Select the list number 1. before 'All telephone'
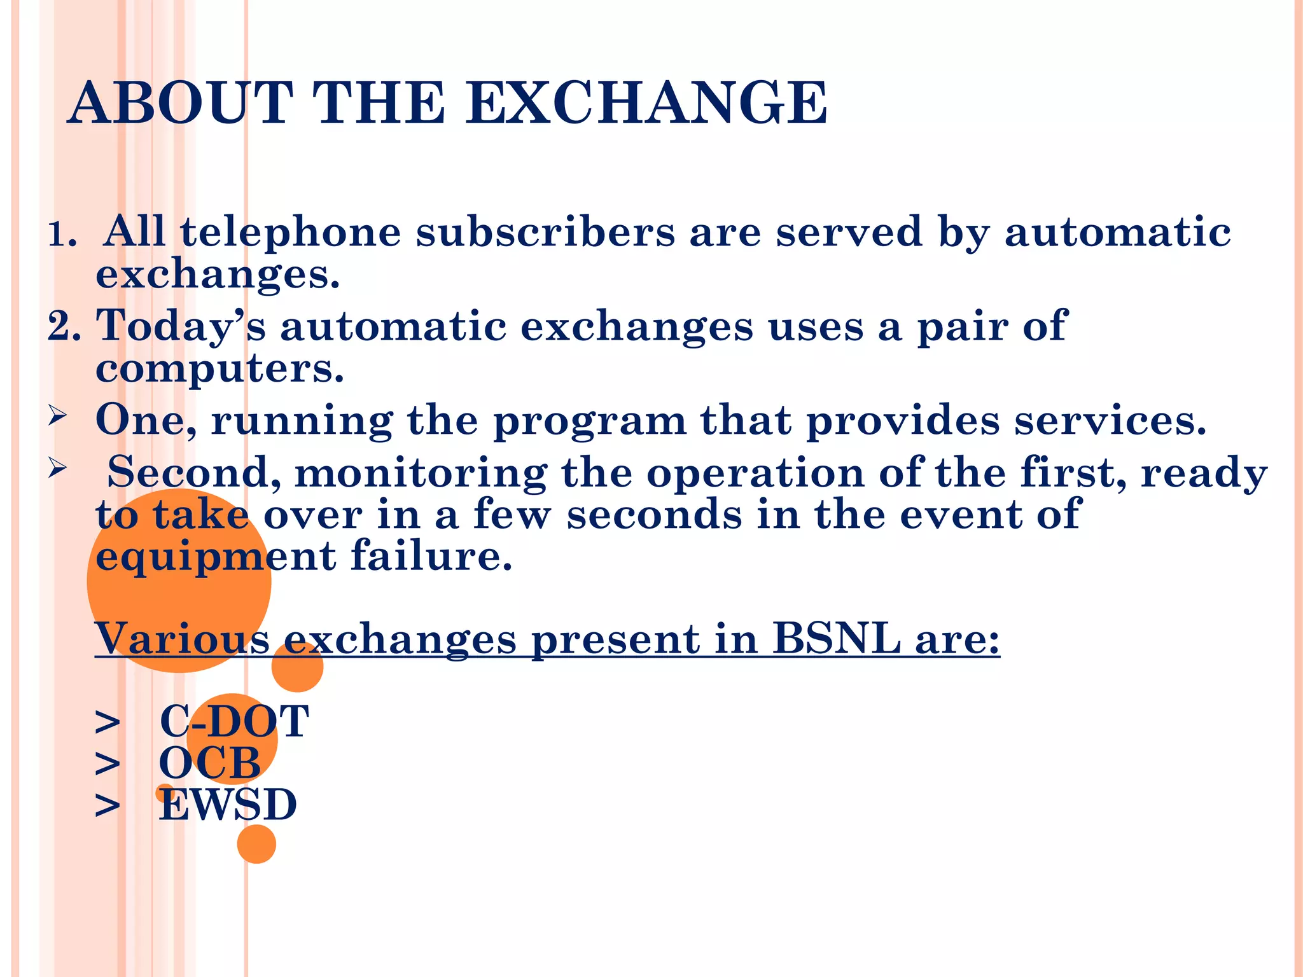63,235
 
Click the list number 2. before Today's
64,326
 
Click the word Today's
181,326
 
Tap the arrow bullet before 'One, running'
58,417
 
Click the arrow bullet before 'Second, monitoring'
58,469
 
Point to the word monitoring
421,474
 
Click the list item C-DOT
233,721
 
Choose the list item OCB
209,763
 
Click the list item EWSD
227,805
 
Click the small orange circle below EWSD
256,844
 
